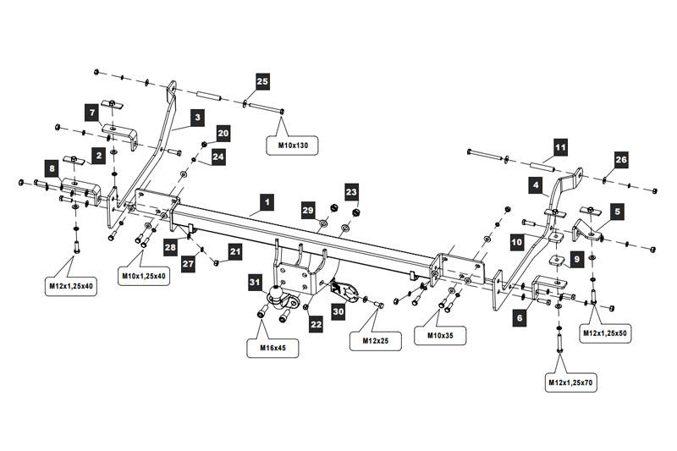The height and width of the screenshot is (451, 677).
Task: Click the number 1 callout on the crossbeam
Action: [x=267, y=202]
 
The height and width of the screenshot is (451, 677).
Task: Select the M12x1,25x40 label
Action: [x=71, y=286]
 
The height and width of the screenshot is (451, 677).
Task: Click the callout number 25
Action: [x=262, y=81]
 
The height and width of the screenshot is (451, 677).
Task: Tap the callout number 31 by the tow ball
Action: [x=255, y=282]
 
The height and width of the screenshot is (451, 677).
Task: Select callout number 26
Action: [x=621, y=159]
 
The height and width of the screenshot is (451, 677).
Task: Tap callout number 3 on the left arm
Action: [x=196, y=117]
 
